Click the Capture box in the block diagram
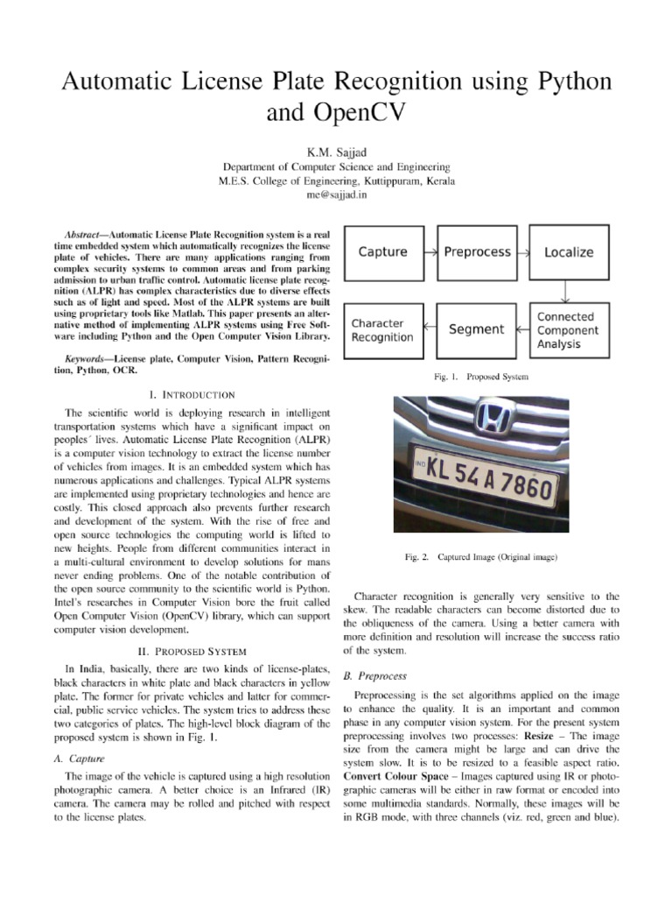click(x=383, y=252)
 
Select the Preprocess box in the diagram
click(x=477, y=252)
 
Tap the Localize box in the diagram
click(x=569, y=252)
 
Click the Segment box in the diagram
click(x=476, y=330)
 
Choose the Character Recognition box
click(x=383, y=330)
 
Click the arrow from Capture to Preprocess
click(x=430, y=252)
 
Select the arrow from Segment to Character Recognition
click(x=429, y=330)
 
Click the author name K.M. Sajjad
click(x=336, y=151)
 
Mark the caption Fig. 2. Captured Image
click(x=481, y=556)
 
